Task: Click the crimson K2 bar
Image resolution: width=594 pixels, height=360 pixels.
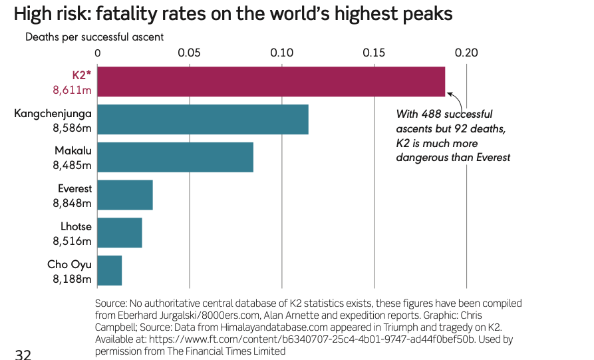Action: pyautogui.click(x=271, y=81)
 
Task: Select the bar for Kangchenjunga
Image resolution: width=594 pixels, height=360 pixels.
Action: pyautogui.click(x=203, y=120)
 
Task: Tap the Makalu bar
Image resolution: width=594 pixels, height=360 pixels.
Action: pyautogui.click(x=175, y=157)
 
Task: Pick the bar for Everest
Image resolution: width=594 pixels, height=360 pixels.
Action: pyautogui.click(x=125, y=195)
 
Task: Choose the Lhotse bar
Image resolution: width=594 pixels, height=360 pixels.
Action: pyautogui.click(x=120, y=233)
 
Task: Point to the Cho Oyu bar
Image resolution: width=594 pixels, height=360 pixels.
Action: pyautogui.click(x=110, y=270)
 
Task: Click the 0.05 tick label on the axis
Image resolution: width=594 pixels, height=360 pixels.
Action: pyautogui.click(x=190, y=53)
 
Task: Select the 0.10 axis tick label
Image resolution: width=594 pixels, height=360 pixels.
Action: pyautogui.click(x=282, y=53)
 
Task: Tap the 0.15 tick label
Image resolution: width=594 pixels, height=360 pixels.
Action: pyautogui.click(x=374, y=53)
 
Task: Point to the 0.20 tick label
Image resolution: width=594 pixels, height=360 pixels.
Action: pyautogui.click(x=466, y=53)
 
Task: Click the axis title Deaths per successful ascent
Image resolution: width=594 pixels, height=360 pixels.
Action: pyautogui.click(x=94, y=37)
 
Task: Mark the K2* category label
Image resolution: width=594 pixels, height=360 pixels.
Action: pyautogui.click(x=82, y=75)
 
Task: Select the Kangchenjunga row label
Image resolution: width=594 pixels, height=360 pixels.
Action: pyautogui.click(x=53, y=113)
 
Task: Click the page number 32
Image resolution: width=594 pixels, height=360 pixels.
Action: pyautogui.click(x=23, y=354)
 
